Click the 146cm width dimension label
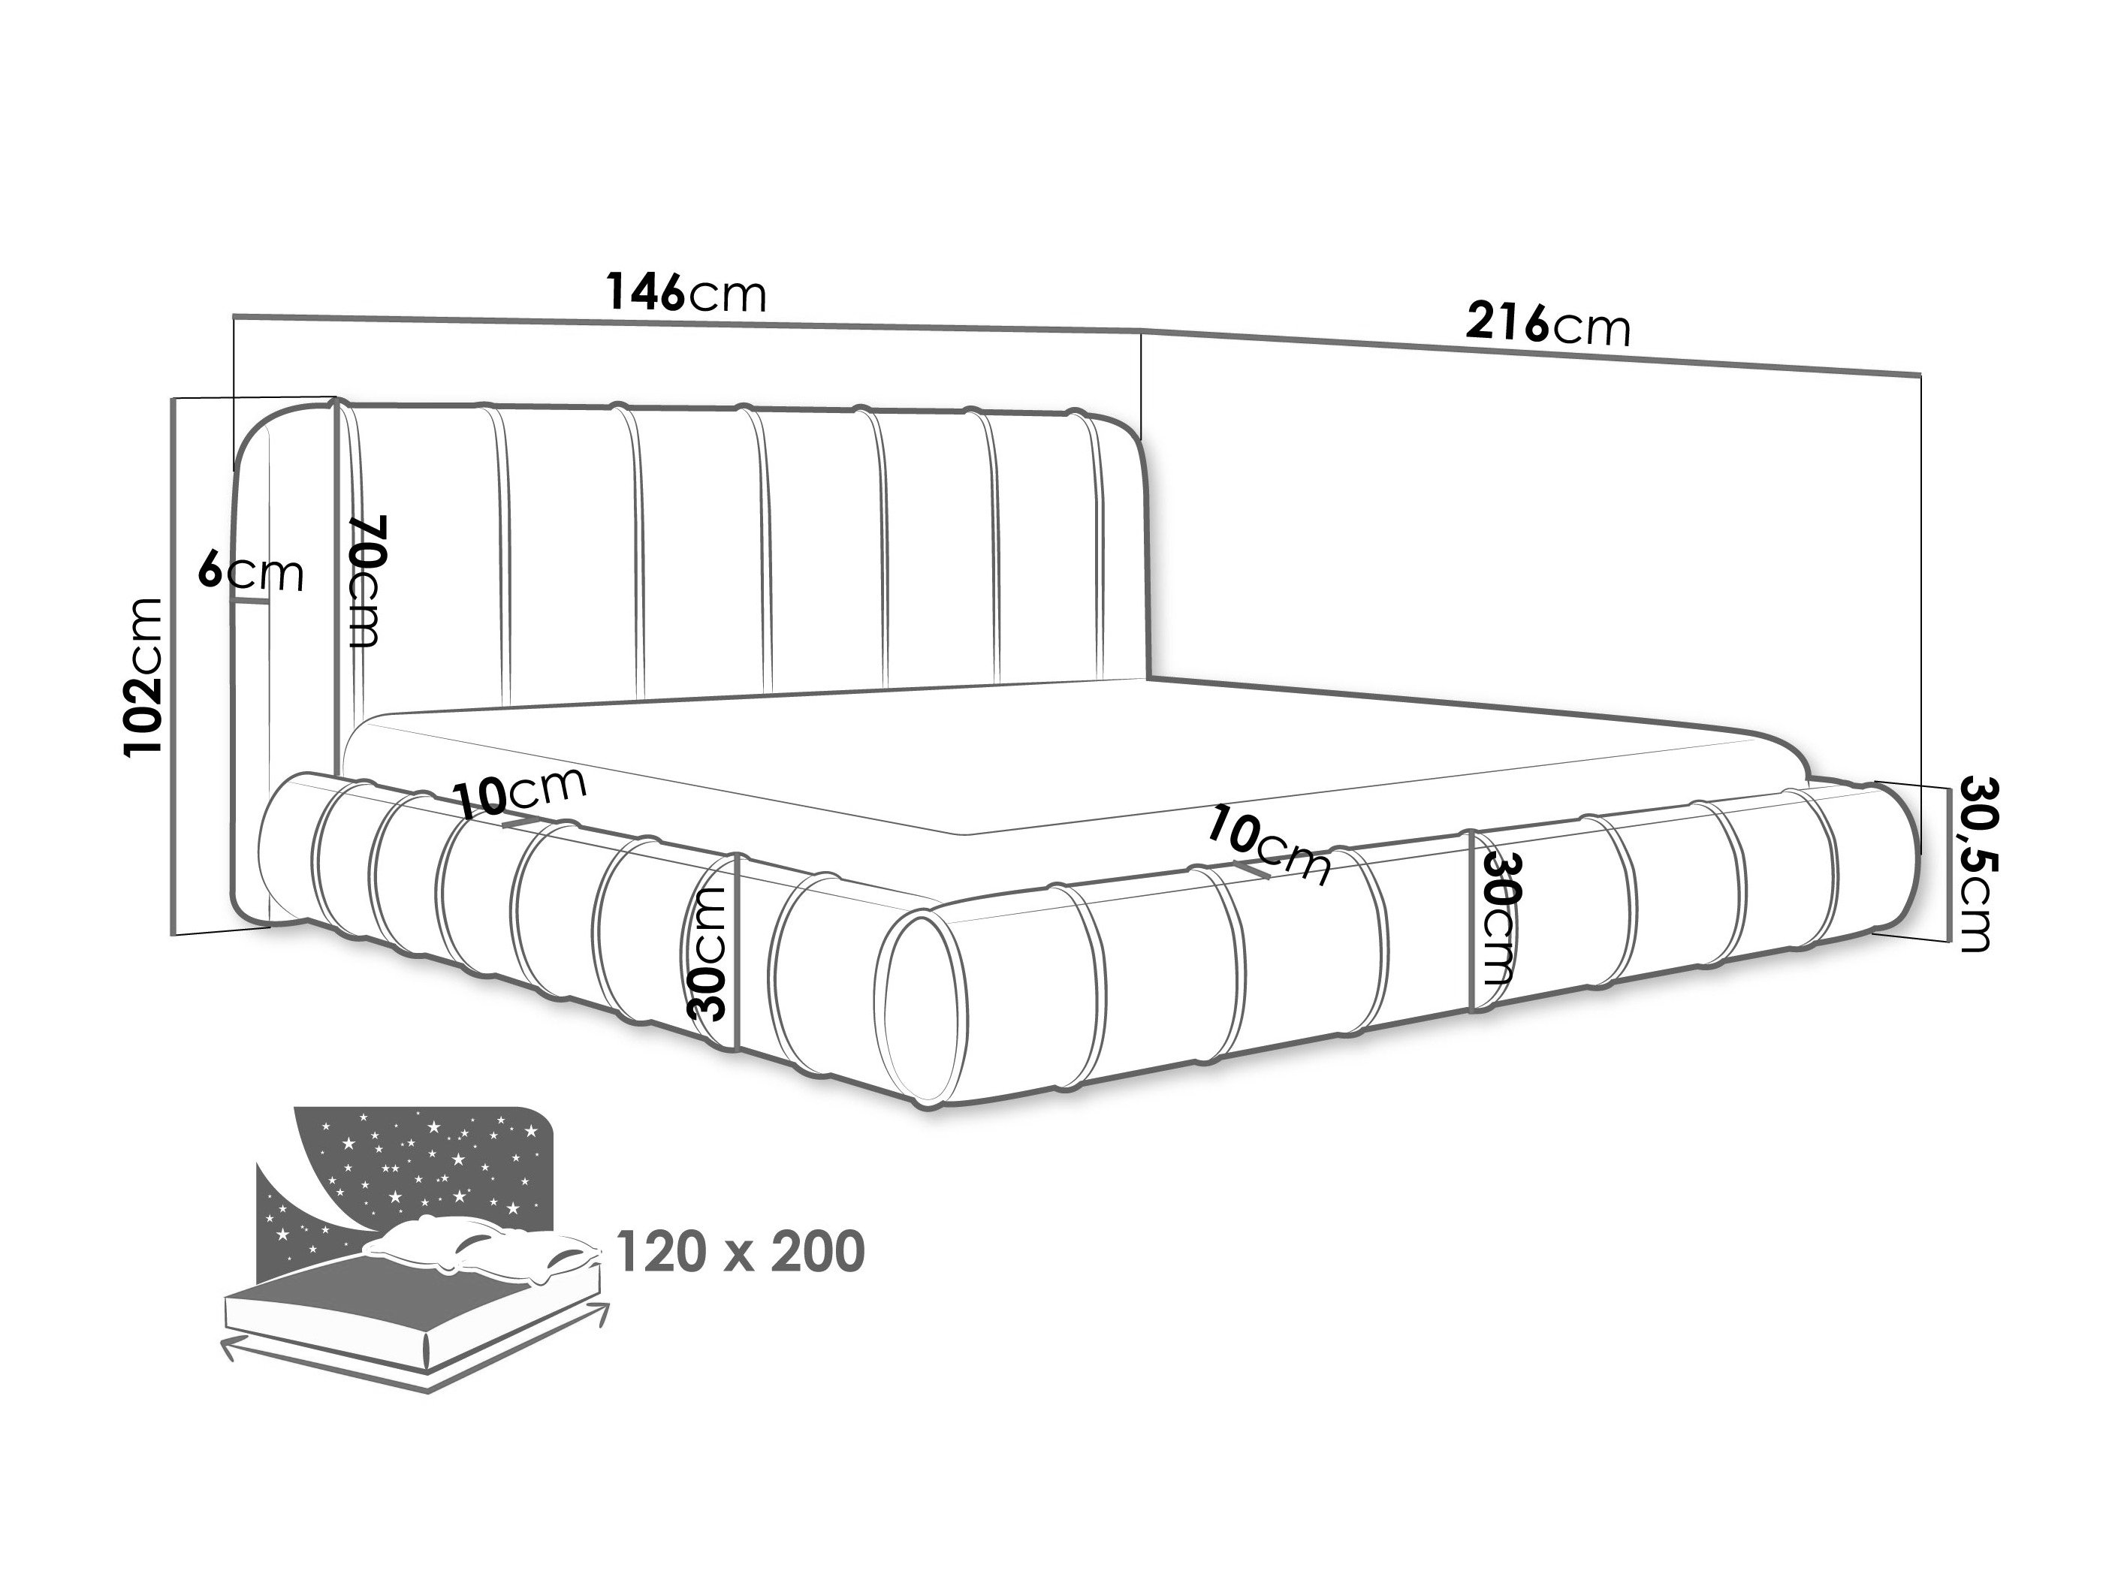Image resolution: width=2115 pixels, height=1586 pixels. (686, 293)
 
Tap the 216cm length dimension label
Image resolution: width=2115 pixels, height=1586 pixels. (1548, 324)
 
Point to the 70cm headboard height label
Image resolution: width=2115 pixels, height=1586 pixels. (367, 580)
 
